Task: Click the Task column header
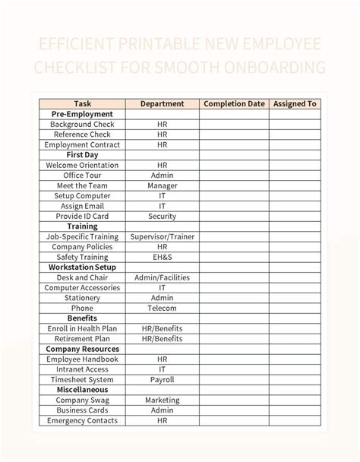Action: pyautogui.click(x=82, y=103)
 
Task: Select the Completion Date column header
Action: pyautogui.click(x=234, y=103)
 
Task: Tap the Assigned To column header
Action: pyautogui.click(x=294, y=103)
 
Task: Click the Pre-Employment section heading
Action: pyautogui.click(x=82, y=114)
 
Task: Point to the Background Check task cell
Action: pyautogui.click(x=82, y=124)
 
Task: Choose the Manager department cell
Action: pyautogui.click(x=163, y=185)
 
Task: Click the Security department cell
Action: pyautogui.click(x=163, y=216)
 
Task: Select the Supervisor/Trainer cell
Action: pyautogui.click(x=163, y=236)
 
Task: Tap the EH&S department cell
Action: pyautogui.click(x=163, y=257)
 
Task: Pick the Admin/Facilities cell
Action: pyautogui.click(x=163, y=277)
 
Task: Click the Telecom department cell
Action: pyautogui.click(x=163, y=308)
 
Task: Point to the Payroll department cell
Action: pyautogui.click(x=163, y=379)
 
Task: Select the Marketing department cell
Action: pyautogui.click(x=163, y=400)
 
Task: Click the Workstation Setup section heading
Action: pyautogui.click(x=82, y=267)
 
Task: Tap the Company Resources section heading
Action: pyautogui.click(x=82, y=349)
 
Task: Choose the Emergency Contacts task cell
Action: pyautogui.click(x=82, y=420)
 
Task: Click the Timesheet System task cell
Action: pyautogui.click(x=82, y=379)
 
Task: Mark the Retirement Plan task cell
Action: pyautogui.click(x=82, y=338)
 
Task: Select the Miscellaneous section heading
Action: pyautogui.click(x=82, y=390)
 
